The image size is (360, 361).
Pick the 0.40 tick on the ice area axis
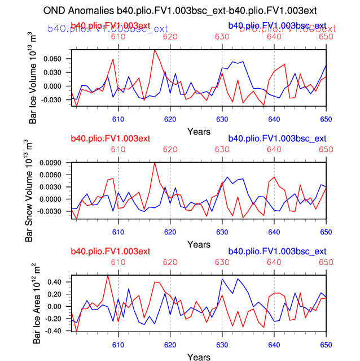click(x=58, y=282)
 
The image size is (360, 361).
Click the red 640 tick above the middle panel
click(x=274, y=149)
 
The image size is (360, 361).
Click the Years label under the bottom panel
click(x=199, y=357)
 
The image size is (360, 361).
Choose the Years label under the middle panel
click(x=199, y=244)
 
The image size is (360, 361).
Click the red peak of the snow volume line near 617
click(x=154, y=163)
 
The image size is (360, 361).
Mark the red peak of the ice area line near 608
click(x=107, y=275)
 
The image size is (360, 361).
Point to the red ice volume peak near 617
click(x=154, y=50)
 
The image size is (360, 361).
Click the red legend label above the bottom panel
click(x=110, y=251)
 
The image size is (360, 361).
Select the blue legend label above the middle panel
click(x=277, y=138)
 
